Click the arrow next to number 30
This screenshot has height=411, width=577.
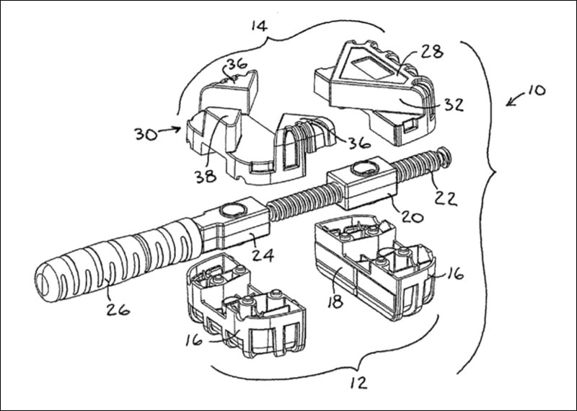[170, 130]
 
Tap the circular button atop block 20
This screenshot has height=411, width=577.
[358, 170]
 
